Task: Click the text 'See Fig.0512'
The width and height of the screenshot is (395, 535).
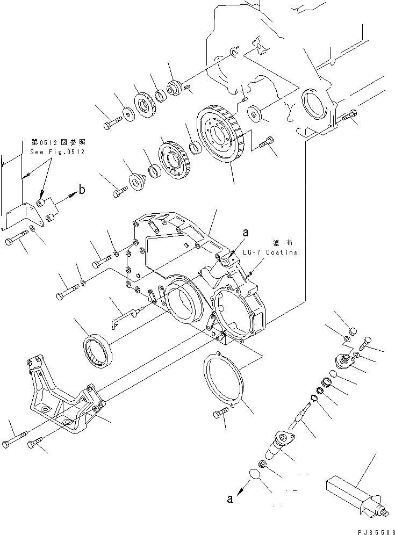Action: [58, 152]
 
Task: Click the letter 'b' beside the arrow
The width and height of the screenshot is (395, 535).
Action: [82, 189]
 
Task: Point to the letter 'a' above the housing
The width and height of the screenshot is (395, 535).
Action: [245, 233]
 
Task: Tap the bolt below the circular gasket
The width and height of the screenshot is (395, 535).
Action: [221, 414]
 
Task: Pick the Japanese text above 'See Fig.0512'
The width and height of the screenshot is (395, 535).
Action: [58, 143]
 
